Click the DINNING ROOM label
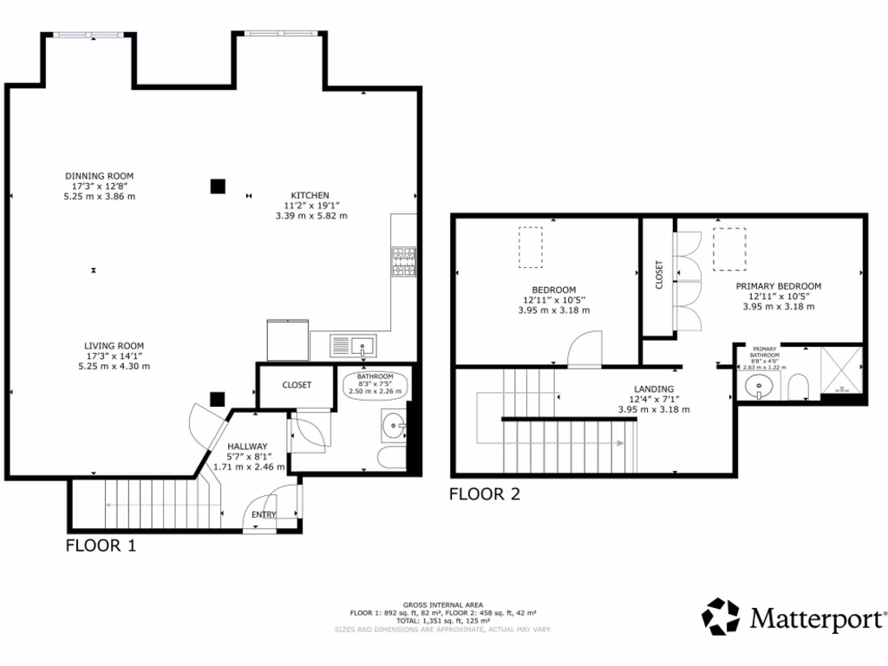click(x=103, y=176)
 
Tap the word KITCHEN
click(x=310, y=195)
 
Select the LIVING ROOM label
click(x=114, y=345)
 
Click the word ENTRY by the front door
click(x=264, y=514)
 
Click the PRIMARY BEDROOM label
click(x=778, y=286)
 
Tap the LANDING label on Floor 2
click(x=653, y=389)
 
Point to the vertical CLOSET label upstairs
click(x=659, y=274)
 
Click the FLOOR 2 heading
click(x=484, y=494)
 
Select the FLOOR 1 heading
click(x=101, y=546)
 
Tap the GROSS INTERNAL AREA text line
click(x=443, y=604)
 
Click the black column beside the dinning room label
click(x=218, y=186)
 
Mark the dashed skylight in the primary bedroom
click(x=729, y=250)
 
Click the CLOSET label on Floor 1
click(x=297, y=385)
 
